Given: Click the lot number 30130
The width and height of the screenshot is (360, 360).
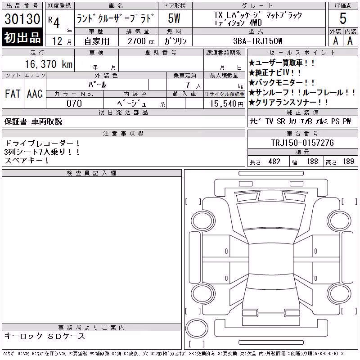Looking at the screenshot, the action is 22,18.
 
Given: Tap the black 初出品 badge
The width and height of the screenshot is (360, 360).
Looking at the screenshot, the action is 22,37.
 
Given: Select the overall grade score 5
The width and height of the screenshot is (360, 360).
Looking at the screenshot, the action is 343,18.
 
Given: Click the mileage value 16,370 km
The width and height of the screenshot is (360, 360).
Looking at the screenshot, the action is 49,64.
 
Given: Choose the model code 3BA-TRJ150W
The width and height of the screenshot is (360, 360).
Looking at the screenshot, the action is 257,41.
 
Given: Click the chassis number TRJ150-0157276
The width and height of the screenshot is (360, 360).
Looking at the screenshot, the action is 302,143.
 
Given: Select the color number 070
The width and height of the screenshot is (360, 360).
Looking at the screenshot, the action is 74,103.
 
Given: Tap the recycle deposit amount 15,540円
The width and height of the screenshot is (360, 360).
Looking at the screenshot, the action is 226,104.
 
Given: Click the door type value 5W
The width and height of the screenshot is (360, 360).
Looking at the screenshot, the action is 174,18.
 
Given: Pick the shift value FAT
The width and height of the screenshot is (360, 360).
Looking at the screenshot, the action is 13,94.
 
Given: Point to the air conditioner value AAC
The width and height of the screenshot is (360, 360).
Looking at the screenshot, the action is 35,94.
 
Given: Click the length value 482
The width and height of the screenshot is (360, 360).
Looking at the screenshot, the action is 274,162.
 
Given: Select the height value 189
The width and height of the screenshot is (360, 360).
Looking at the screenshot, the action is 348,162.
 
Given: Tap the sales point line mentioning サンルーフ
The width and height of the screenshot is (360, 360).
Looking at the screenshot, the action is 302,92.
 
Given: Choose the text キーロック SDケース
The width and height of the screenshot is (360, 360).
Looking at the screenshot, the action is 45,336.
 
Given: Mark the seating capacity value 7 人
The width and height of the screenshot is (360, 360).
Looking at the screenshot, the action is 193,85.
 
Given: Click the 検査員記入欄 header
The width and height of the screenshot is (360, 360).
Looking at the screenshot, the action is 91,173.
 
